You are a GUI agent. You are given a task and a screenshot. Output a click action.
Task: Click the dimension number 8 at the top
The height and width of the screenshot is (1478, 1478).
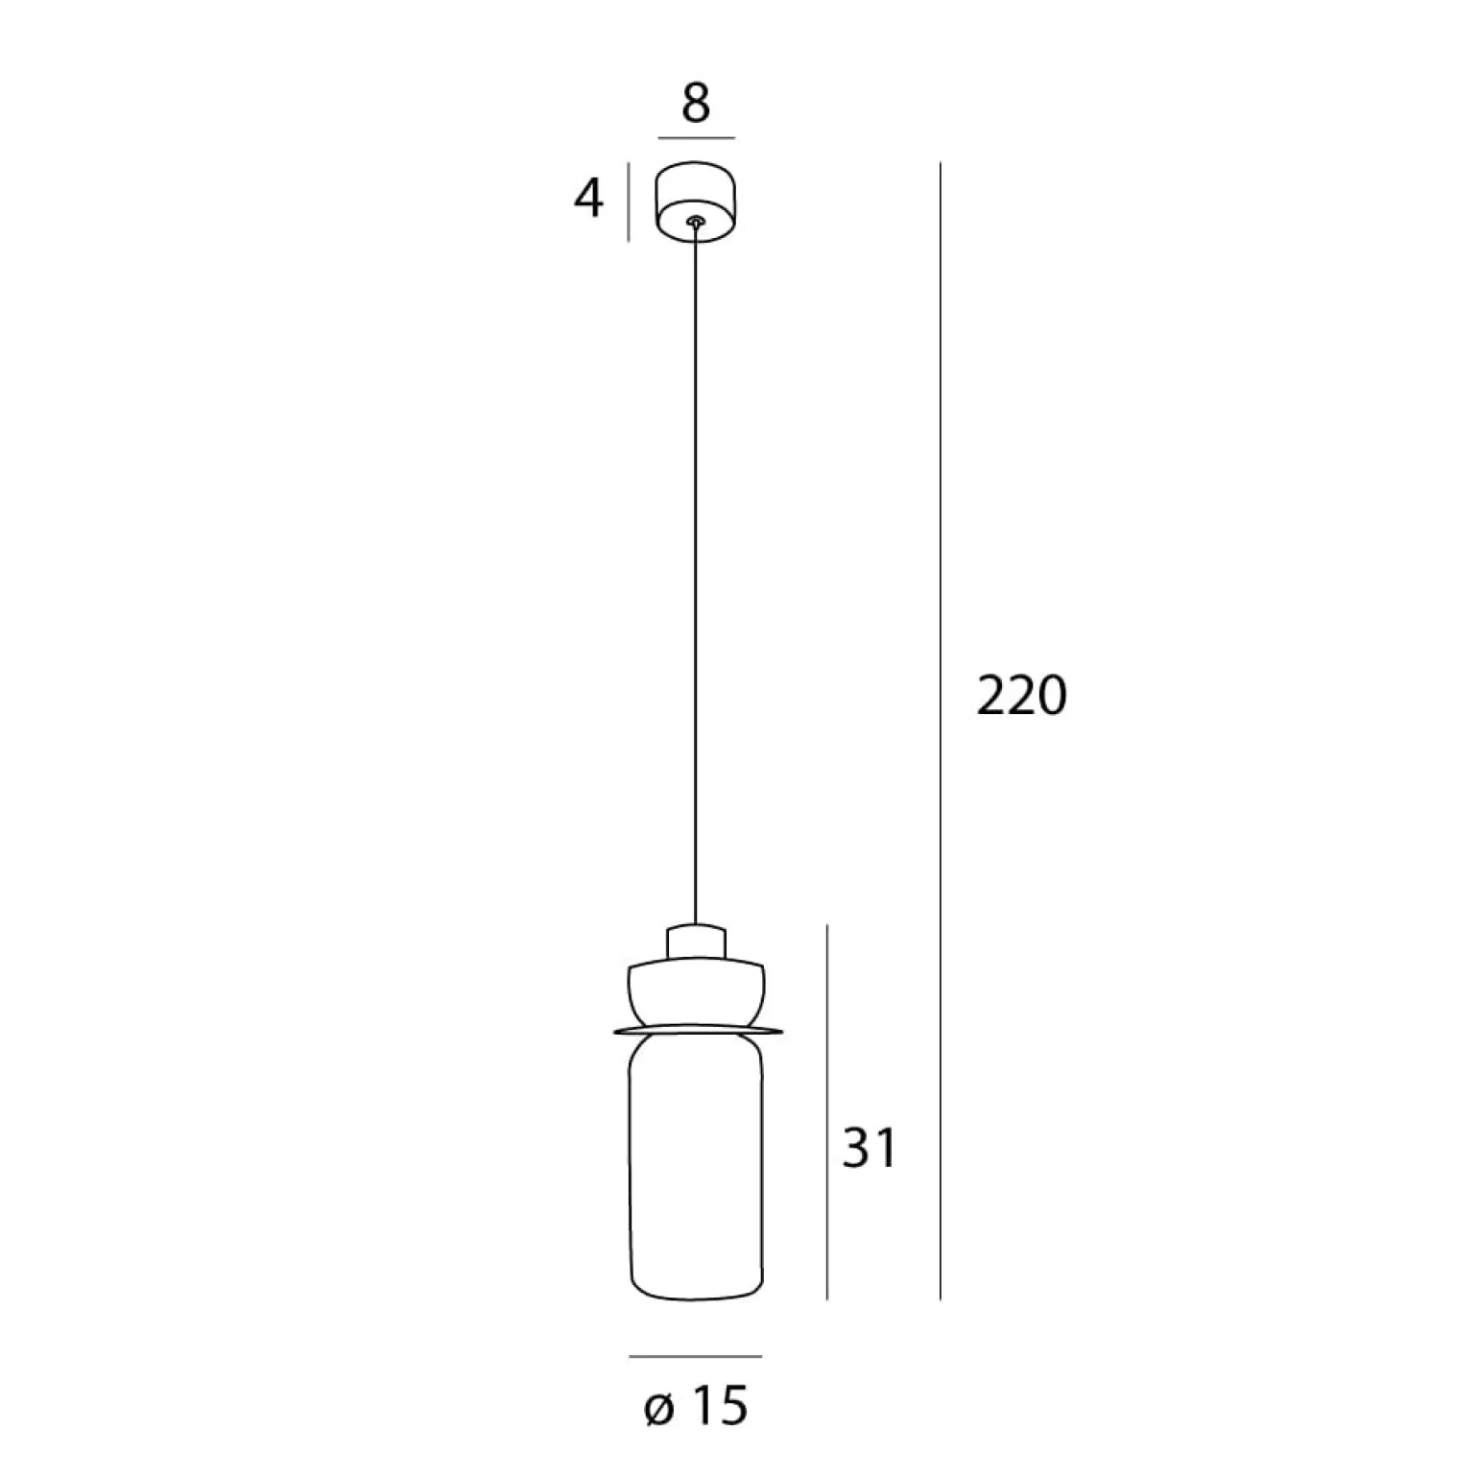pos(696,103)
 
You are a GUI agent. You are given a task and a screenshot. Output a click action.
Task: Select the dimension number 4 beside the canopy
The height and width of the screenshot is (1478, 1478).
pos(588,200)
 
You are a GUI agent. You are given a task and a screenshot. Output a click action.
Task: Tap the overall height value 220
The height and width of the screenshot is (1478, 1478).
pos(1021,696)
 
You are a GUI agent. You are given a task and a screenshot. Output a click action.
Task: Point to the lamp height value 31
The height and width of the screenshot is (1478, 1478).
pos(870,1148)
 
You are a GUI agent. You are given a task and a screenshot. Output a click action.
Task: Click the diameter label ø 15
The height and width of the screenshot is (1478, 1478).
pos(697,1407)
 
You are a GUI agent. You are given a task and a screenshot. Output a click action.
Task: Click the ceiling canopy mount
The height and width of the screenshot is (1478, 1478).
pos(696,200)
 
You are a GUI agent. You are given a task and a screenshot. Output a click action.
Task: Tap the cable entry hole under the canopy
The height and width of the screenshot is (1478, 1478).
pos(695,222)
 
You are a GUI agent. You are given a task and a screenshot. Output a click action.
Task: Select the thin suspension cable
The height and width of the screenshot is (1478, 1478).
pos(695,576)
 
